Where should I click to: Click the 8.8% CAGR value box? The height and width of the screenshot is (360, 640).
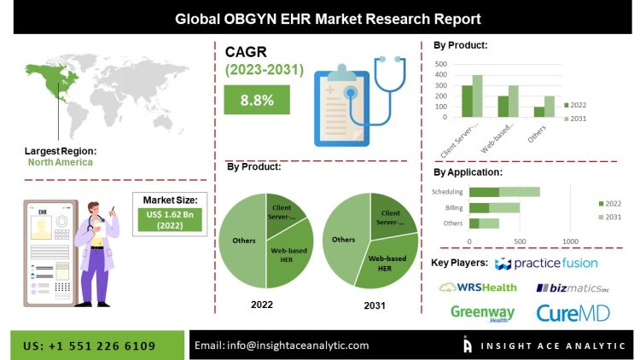[257, 100]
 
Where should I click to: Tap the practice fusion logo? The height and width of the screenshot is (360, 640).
[546, 263]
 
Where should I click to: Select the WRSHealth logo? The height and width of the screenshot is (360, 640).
[478, 287]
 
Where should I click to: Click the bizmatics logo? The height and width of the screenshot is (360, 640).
[573, 287]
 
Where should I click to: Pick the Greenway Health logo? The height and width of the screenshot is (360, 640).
[483, 313]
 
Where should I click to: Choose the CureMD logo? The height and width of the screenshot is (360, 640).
[573, 313]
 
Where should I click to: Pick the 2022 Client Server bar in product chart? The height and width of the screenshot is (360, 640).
[467, 101]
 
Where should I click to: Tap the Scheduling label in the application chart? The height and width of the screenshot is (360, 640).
[447, 192]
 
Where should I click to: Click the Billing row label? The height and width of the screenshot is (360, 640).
[454, 207]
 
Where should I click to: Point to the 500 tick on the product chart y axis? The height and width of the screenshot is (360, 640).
[441, 63]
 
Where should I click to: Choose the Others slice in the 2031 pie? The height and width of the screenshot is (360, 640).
[343, 240]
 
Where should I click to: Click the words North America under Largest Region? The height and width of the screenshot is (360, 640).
[60, 161]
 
